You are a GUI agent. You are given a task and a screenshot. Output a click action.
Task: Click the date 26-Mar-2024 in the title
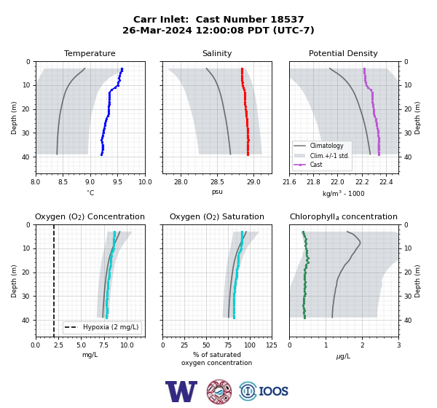[157, 30]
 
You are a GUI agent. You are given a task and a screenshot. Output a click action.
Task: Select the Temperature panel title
[90, 53]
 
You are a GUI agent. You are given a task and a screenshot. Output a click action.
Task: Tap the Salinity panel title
[217, 53]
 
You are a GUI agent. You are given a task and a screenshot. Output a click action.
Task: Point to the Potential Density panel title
[343, 53]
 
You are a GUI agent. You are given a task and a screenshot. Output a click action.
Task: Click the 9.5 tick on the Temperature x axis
[117, 182]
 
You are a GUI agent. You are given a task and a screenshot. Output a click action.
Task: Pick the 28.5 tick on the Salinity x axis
[217, 182]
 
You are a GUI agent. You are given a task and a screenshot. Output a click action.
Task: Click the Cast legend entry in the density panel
[316, 165]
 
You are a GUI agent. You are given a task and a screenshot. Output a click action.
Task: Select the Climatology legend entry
[326, 146]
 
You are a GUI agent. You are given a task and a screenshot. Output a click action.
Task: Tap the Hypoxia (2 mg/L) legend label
[111, 327]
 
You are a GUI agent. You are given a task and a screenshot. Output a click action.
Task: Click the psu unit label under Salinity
[217, 192]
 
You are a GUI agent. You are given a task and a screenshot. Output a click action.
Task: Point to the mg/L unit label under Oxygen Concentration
[90, 355]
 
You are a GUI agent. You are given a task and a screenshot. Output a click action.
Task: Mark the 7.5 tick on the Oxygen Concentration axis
[104, 345]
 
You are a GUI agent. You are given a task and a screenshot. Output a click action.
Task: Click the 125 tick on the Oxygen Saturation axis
[272, 345]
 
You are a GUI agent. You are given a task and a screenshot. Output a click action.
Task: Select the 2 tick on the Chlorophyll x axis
[362, 345]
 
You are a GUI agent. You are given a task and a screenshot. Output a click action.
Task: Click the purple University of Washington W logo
[181, 391]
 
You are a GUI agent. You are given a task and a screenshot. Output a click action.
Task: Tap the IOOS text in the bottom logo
[274, 391]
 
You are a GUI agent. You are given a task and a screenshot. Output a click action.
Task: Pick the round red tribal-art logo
[219, 391]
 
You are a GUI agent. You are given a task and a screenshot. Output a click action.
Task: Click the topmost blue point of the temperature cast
[122, 69]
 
